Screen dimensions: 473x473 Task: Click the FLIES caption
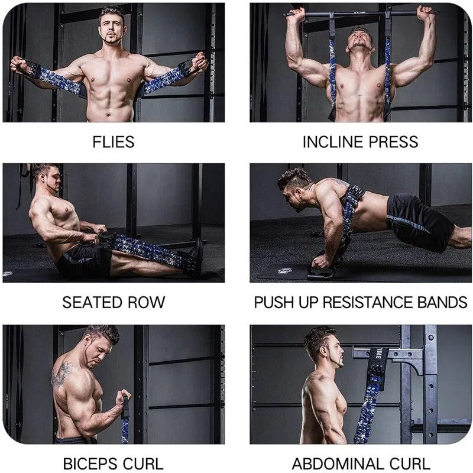click(x=113, y=142)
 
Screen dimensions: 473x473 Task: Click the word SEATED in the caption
click(x=90, y=303)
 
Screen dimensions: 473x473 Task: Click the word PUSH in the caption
click(x=274, y=303)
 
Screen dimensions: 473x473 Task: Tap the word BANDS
click(x=441, y=303)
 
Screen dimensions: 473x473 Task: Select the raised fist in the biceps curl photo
click(x=125, y=397)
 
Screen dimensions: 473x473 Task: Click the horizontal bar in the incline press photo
click(x=361, y=12)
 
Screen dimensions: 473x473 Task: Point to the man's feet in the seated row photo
click(x=195, y=259)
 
